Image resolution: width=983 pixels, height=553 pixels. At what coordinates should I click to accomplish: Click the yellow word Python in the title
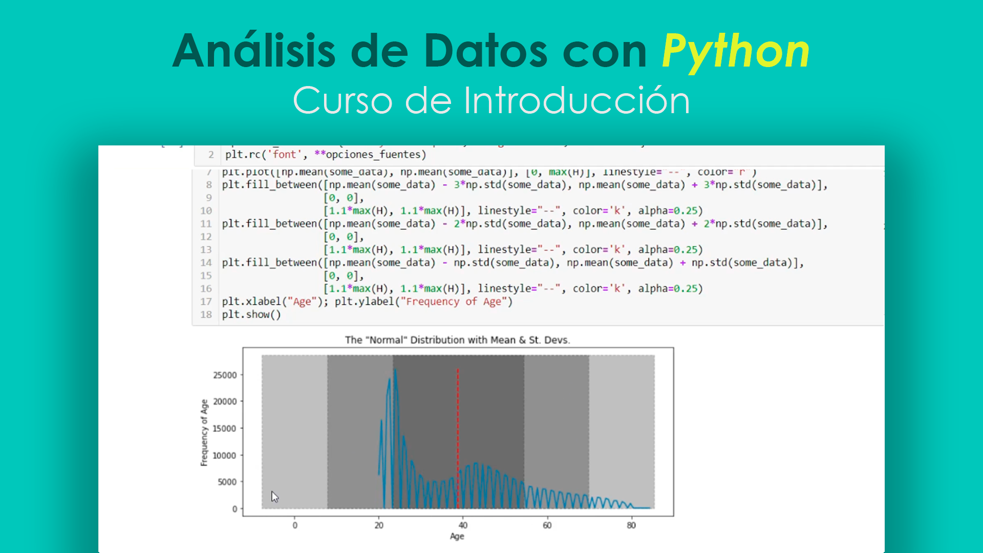pos(735,51)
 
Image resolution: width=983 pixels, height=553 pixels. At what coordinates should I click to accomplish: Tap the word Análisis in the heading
pos(254,51)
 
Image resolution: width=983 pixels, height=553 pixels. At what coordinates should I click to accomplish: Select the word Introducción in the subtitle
pos(576,100)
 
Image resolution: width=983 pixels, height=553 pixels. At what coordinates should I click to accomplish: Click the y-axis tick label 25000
pos(225,375)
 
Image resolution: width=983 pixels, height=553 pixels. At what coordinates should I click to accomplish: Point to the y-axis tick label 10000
pos(225,456)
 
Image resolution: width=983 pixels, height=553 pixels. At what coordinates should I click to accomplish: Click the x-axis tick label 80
pos(631,525)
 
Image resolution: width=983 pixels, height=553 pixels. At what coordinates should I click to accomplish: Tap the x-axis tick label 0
pos(295,525)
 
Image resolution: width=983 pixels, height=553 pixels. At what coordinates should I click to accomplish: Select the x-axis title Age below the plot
pos(457,537)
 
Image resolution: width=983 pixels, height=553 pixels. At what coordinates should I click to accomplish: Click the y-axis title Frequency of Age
pos(204,433)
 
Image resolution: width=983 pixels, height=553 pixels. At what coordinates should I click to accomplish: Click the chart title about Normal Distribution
pos(457,340)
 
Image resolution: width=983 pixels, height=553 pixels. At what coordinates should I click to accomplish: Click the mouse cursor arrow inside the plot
pos(274,496)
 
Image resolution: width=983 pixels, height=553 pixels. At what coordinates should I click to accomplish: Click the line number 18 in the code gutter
pos(206,315)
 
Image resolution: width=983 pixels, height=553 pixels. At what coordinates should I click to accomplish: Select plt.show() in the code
pos(251,315)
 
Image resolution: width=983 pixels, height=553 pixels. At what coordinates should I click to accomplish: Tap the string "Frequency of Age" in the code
pos(454,302)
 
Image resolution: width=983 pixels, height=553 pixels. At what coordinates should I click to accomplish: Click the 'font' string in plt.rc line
pos(285,155)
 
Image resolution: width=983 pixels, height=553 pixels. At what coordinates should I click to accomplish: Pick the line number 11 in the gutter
pos(206,224)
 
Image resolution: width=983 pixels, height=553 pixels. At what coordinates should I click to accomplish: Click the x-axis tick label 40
pos(463,525)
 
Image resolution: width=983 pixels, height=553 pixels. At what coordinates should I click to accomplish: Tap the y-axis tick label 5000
pos(227,482)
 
